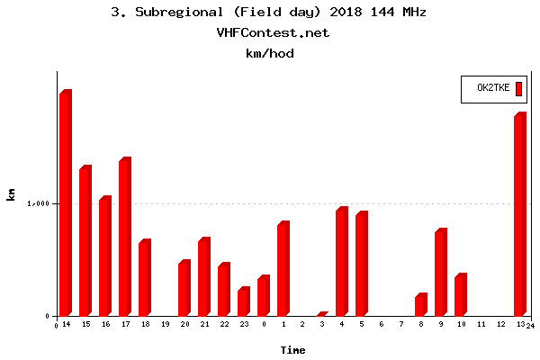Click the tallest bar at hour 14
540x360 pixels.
(x=65, y=203)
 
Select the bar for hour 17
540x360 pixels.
(x=124, y=238)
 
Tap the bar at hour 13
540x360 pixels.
(x=519, y=215)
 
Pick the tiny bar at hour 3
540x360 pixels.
(x=322, y=314)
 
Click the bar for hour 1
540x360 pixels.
(x=283, y=269)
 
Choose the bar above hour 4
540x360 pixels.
(x=341, y=263)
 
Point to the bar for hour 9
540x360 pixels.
(x=440, y=273)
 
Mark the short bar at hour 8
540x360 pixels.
(x=420, y=305)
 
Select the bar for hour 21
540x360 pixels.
(x=203, y=277)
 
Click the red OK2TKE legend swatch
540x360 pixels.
(x=519, y=87)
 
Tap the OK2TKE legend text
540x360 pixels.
(x=493, y=88)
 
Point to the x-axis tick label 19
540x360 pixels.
(x=165, y=324)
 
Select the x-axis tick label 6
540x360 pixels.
(x=382, y=324)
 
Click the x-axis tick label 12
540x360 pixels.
(x=500, y=324)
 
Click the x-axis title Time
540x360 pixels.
(x=292, y=349)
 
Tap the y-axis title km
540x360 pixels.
(x=11, y=193)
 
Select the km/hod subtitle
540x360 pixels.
(x=270, y=53)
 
